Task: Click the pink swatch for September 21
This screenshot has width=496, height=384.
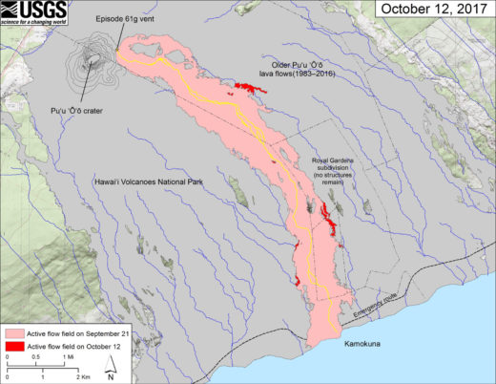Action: (x=14, y=331)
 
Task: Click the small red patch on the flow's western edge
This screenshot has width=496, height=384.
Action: (x=297, y=280)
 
